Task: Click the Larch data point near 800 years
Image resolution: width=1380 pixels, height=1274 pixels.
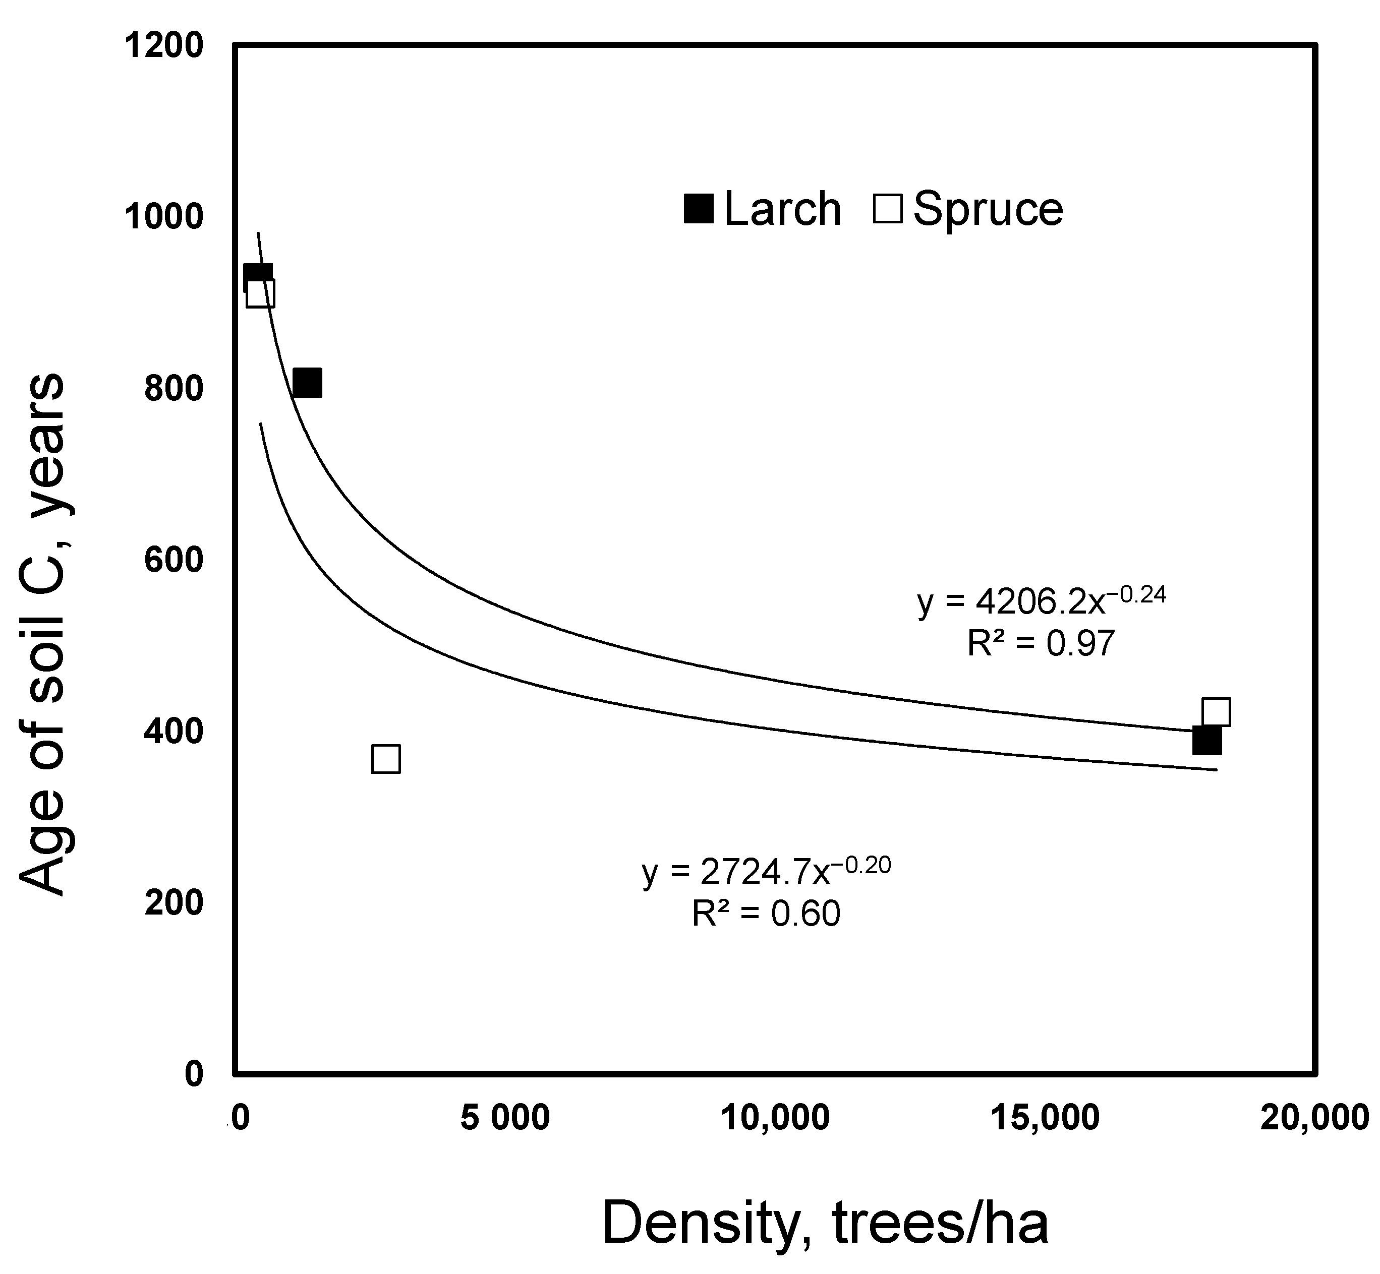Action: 307,383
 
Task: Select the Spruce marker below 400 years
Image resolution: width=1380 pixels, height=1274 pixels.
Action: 385,759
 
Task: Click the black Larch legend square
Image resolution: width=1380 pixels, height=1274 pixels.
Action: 698,208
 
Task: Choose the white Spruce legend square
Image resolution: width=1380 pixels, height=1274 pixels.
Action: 888,208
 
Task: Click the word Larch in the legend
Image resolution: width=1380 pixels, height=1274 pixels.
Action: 783,208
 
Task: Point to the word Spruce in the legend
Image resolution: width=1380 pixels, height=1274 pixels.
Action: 988,208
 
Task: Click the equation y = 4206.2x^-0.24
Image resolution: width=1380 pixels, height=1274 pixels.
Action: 1042,602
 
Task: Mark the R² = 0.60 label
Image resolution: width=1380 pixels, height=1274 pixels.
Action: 766,914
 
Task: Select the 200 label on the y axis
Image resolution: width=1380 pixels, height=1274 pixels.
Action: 174,902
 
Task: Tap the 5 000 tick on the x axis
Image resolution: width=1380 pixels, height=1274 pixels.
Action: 505,1118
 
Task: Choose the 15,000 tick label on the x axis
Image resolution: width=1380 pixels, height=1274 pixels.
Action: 1046,1118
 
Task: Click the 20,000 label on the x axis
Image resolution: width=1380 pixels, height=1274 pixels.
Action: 1314,1118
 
